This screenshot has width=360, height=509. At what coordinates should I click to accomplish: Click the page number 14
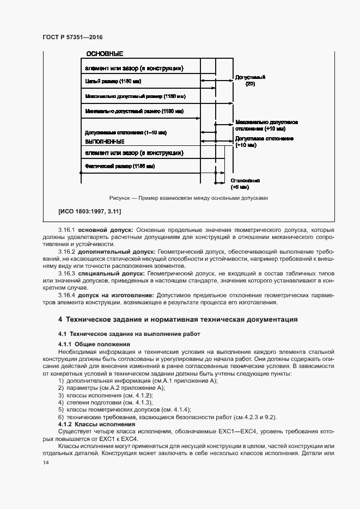click(x=46, y=462)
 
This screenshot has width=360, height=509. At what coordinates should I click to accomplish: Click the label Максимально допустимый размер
click(x=136, y=96)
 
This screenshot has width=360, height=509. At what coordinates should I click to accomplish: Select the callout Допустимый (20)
click(x=249, y=81)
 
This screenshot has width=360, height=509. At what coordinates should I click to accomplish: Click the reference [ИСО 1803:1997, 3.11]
click(x=89, y=211)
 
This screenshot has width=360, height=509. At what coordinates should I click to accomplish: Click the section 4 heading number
click(x=60, y=319)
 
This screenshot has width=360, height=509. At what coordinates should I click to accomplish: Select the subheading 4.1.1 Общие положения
click(x=94, y=345)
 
